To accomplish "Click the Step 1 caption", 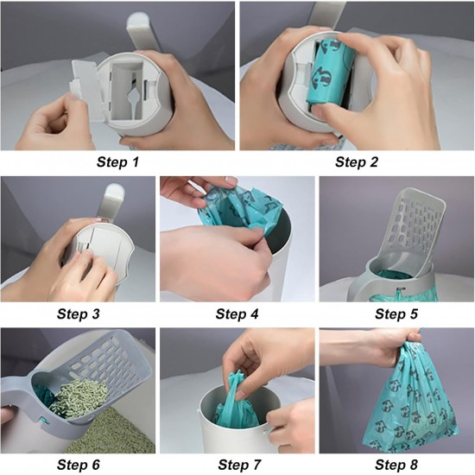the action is [x=117, y=162].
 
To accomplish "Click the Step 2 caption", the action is [x=357, y=162].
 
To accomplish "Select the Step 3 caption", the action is [x=78, y=313].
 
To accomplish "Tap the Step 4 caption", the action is [x=237, y=313].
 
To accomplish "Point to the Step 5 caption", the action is [x=396, y=313].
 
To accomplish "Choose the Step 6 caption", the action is [x=78, y=465].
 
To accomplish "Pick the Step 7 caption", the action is [x=239, y=465].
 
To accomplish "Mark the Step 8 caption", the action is [x=396, y=465].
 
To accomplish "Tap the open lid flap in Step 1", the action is [x=86, y=88].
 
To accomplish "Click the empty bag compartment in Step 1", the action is [x=127, y=89].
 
